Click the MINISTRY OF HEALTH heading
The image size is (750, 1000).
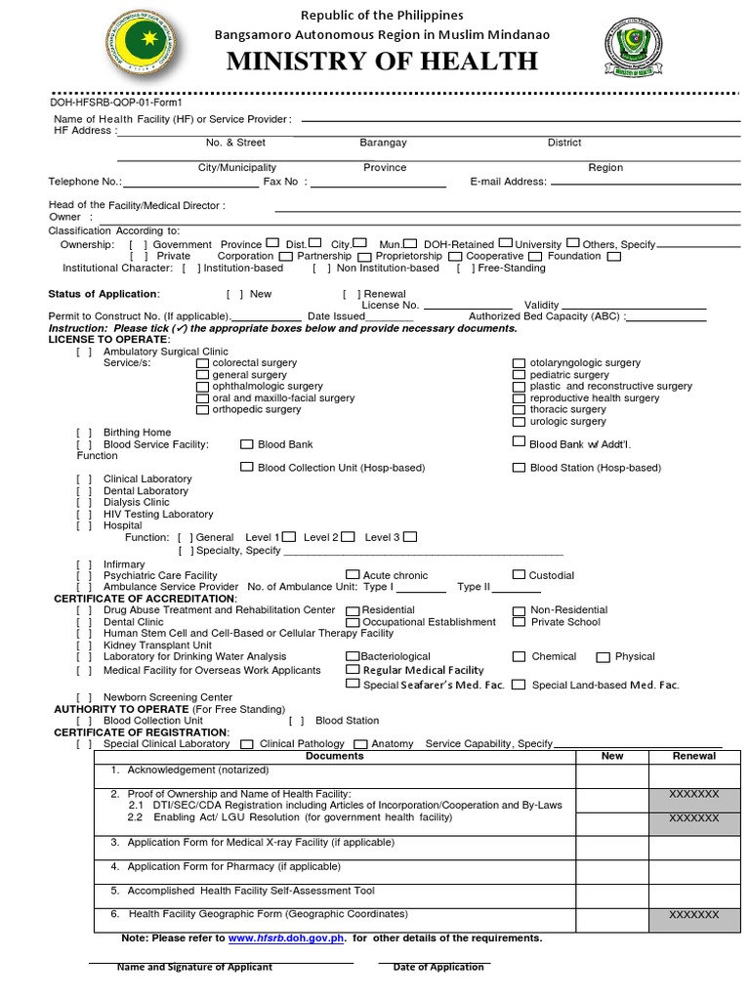pyautogui.click(x=382, y=62)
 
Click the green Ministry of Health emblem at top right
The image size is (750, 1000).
pyautogui.click(x=634, y=47)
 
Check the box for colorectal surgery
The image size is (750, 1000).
pyautogui.click(x=202, y=363)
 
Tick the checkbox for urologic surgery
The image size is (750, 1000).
pyautogui.click(x=520, y=422)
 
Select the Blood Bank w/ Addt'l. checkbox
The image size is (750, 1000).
pyautogui.click(x=519, y=442)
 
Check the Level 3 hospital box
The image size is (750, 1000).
pyautogui.click(x=410, y=536)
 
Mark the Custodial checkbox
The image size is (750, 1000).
pyautogui.click(x=519, y=575)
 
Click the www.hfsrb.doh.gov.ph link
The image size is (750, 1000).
pyautogui.click(x=287, y=938)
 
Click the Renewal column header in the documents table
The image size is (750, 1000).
pyautogui.click(x=694, y=757)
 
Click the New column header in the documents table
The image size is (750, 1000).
pyautogui.click(x=612, y=757)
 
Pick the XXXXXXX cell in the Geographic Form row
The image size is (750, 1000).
pyautogui.click(x=694, y=916)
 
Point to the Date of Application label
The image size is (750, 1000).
pyautogui.click(x=438, y=968)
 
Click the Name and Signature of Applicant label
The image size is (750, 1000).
pyautogui.click(x=194, y=968)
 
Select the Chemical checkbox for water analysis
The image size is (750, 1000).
pyautogui.click(x=520, y=657)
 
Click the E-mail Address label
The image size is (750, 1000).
pyautogui.click(x=508, y=182)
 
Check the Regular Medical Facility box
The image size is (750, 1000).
pyautogui.click(x=353, y=670)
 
